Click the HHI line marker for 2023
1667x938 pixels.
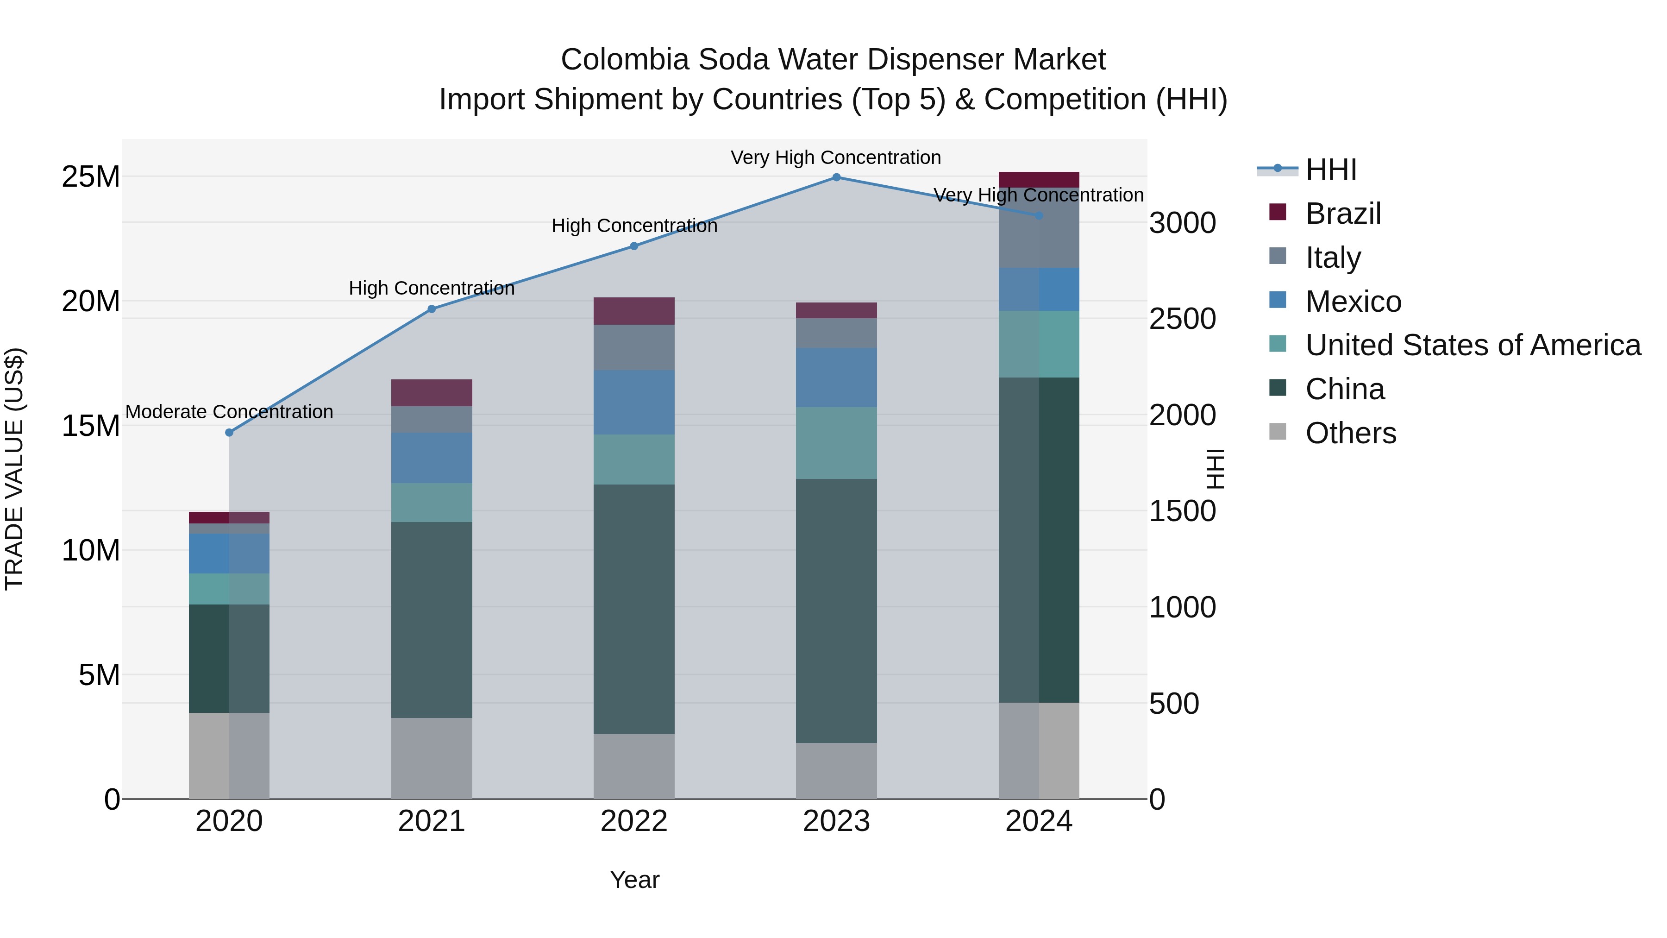click(x=836, y=177)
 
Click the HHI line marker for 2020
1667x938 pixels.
click(x=229, y=433)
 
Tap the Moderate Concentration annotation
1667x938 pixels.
click(x=229, y=412)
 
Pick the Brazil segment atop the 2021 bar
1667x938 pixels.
click(x=432, y=392)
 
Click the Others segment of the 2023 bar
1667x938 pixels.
click(x=836, y=770)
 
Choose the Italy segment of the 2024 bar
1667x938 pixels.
click(x=1039, y=228)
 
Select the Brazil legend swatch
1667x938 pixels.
click(x=1278, y=212)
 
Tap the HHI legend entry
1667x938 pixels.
click(x=1330, y=170)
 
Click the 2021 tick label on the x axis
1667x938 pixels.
click(x=432, y=821)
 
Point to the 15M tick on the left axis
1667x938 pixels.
click(x=91, y=426)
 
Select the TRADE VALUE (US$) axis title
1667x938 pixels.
click(x=14, y=469)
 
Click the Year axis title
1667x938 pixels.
click(x=634, y=880)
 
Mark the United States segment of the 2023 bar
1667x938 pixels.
click(x=836, y=443)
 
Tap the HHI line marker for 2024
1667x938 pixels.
click(x=1039, y=215)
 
